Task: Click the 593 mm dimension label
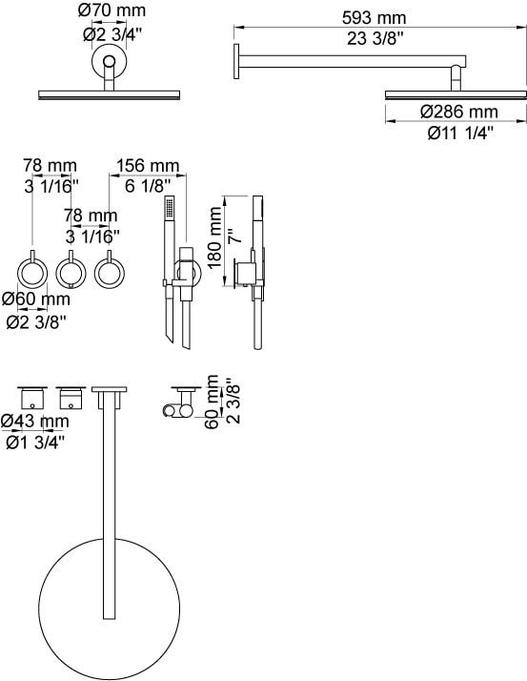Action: click(x=374, y=18)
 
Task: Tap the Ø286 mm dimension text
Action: click(x=458, y=112)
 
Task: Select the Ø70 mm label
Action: click(x=112, y=10)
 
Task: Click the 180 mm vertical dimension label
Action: click(x=214, y=237)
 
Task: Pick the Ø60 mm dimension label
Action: click(x=36, y=299)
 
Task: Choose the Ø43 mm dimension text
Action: click(x=34, y=421)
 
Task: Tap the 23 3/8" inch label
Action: click(x=375, y=39)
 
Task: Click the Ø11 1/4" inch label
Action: click(x=460, y=133)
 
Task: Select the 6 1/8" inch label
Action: click(x=147, y=186)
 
